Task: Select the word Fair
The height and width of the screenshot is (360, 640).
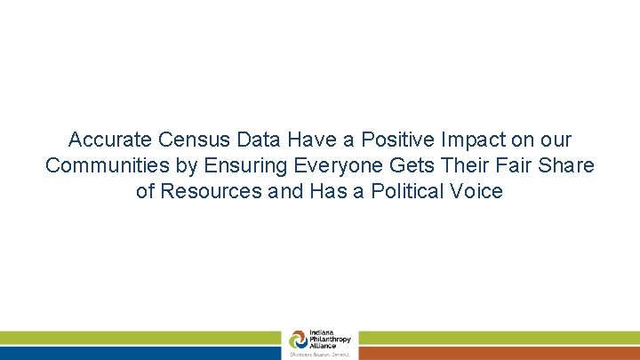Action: point(507,166)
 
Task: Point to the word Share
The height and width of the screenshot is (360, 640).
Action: point(567,166)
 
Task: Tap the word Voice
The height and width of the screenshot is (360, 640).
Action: point(479,192)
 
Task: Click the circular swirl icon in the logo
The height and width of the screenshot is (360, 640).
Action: point(297,340)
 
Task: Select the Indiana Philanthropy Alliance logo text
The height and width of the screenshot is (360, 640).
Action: point(330,340)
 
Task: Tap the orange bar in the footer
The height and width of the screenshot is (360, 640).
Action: point(499,353)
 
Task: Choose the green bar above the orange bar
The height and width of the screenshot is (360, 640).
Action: point(499,338)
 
